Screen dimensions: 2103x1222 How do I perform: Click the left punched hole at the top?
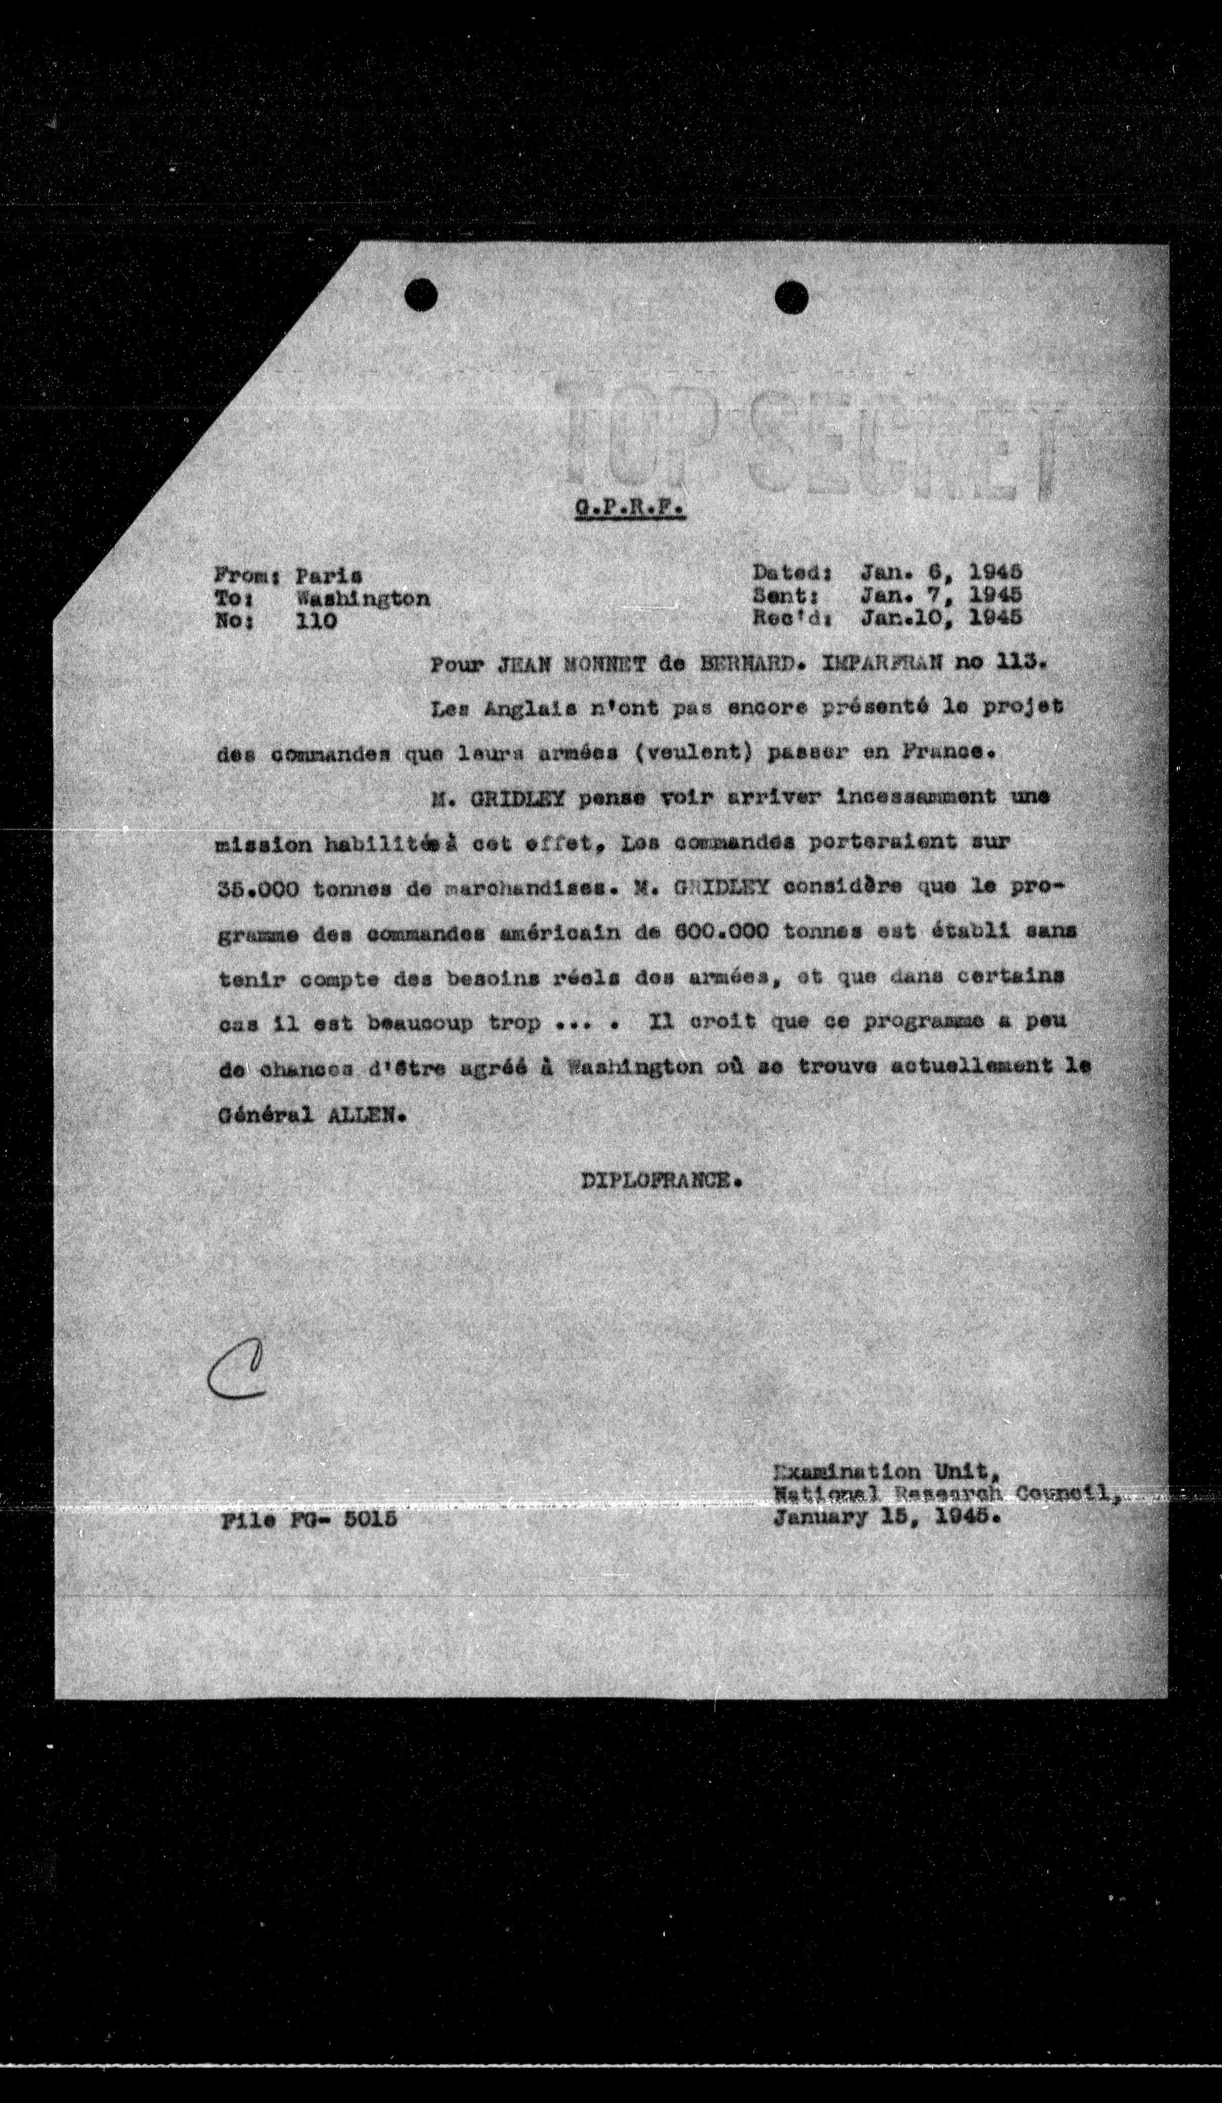[x=421, y=294]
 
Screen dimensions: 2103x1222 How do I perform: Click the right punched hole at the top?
[x=791, y=295]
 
